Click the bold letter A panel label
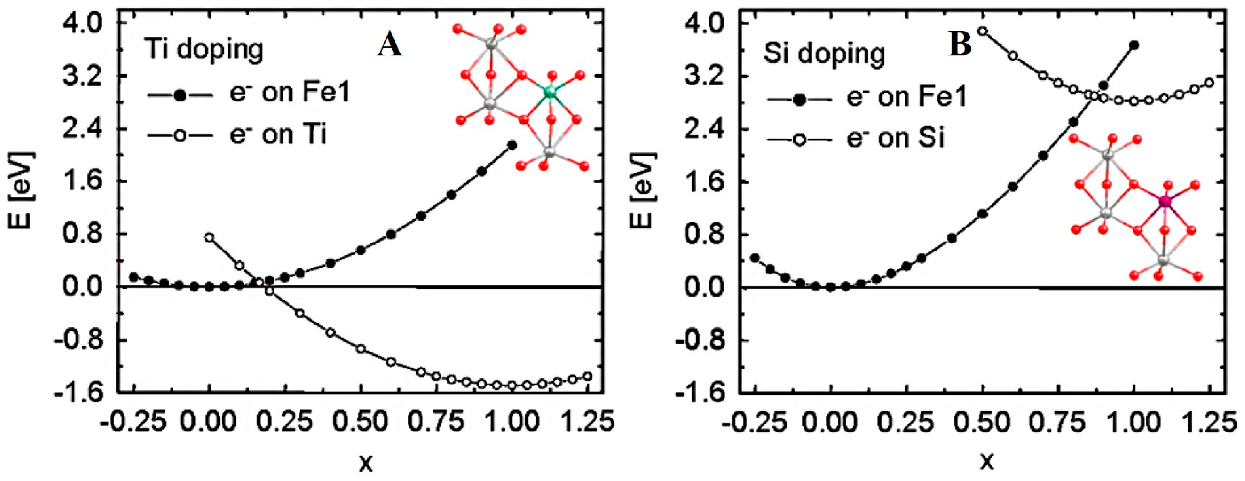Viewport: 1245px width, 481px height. [390, 46]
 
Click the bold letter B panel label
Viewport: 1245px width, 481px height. [960, 44]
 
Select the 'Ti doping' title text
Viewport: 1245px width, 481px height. [204, 50]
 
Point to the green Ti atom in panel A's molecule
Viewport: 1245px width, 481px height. [549, 91]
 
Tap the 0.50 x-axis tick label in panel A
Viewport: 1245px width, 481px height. [361, 422]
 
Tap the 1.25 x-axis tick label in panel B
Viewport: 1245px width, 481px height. [1208, 422]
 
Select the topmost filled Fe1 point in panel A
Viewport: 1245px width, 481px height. [512, 145]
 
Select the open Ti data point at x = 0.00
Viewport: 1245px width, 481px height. [209, 237]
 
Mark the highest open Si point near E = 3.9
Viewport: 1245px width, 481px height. [983, 31]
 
